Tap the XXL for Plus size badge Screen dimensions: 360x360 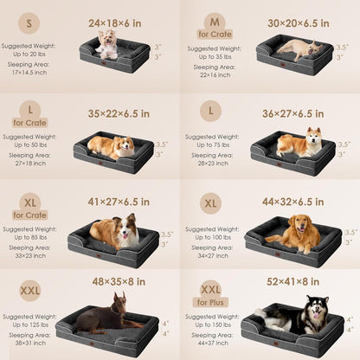tap(211, 293)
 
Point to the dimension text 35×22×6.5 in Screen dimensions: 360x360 tap(119, 112)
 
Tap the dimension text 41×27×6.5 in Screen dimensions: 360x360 tap(119, 202)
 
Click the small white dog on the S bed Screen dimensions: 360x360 tap(107, 44)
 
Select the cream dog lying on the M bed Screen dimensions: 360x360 tap(298, 48)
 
